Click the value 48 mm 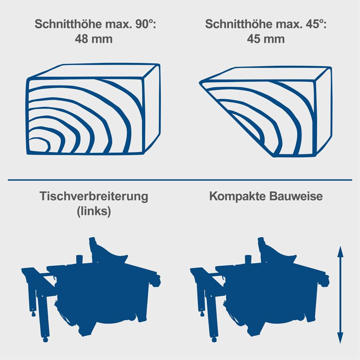[94, 39]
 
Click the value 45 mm [266, 39]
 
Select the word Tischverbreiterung [94, 196]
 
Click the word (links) [94, 211]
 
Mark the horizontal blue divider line [180, 180]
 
